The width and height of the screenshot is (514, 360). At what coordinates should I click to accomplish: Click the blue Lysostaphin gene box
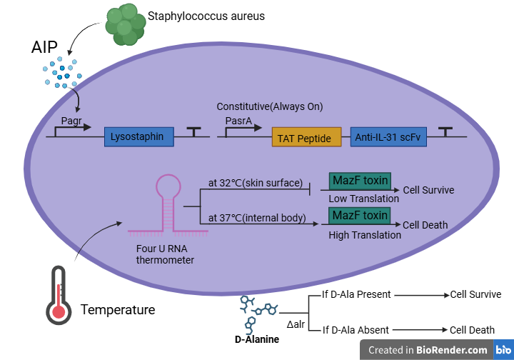click(x=139, y=136)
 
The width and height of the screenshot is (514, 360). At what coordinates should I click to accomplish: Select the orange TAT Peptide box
click(x=306, y=136)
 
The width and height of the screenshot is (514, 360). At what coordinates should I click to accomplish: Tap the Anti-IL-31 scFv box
click(x=388, y=136)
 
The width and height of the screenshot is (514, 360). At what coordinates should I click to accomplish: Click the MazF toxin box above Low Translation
click(x=359, y=180)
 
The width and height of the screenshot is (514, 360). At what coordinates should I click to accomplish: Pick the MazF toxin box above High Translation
click(x=359, y=215)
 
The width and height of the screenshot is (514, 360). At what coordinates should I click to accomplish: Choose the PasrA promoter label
click(x=238, y=121)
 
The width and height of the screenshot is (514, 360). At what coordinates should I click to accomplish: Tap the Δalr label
click(x=296, y=324)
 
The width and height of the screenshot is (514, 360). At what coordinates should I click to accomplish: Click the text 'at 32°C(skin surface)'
click(x=256, y=183)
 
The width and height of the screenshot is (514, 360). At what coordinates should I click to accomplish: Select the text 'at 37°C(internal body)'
click(x=257, y=218)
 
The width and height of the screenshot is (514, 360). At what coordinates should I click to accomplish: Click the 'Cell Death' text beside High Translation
click(x=425, y=225)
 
